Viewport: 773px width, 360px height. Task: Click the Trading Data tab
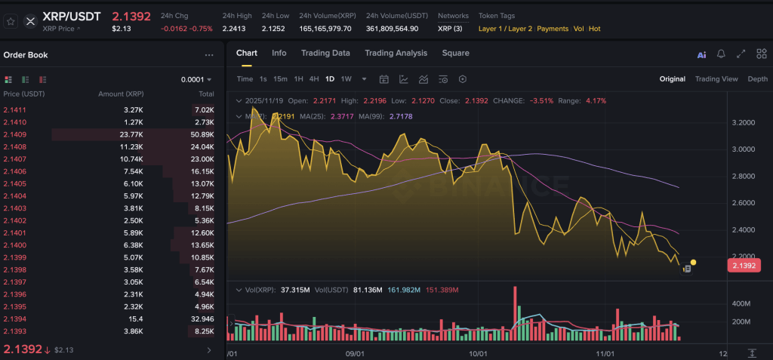tap(325, 53)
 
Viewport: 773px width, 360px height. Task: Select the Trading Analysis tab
tap(396, 53)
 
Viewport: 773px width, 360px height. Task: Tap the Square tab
tap(455, 53)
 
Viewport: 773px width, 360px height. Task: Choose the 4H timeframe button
tap(313, 79)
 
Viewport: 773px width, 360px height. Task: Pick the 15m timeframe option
tap(280, 79)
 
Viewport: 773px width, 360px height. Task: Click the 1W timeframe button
tap(346, 79)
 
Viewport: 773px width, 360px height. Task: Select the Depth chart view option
tap(757, 79)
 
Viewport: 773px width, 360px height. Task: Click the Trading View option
tap(716, 79)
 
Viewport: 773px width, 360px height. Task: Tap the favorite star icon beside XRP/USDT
tap(11, 21)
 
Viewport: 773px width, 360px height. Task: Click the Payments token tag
tap(553, 29)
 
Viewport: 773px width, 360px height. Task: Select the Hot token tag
tap(594, 29)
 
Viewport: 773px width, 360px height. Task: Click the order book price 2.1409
tap(15, 134)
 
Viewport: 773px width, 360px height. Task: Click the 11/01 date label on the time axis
tap(606, 353)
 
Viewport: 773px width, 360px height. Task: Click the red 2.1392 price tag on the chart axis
tap(743, 266)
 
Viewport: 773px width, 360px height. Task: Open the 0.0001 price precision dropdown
tap(196, 79)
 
